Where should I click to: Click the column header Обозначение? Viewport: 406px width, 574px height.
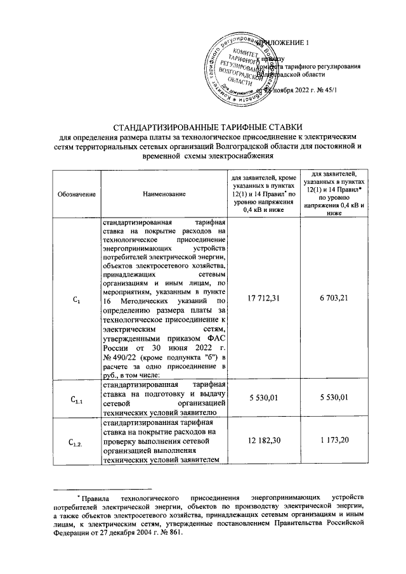pos(75,193)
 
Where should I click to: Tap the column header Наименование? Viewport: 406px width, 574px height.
pos(164,193)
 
